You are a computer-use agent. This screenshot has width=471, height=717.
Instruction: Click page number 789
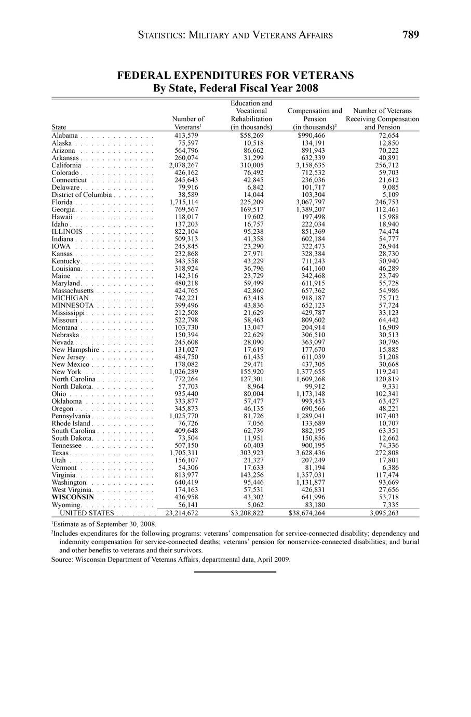tap(410, 35)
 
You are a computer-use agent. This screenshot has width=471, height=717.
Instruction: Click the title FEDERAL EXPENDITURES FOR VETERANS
tap(235, 75)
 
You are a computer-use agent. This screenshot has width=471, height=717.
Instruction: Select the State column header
tap(59, 127)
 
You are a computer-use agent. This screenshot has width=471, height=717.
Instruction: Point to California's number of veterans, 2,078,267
tap(183, 165)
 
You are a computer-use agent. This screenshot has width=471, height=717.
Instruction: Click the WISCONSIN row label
tap(73, 497)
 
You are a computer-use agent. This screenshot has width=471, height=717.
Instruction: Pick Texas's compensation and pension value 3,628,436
tap(310, 453)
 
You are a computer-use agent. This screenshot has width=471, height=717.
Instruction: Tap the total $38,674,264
tap(307, 513)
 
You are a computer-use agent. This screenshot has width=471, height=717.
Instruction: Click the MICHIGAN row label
tap(70, 298)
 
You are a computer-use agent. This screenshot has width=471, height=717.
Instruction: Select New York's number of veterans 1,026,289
tap(183, 372)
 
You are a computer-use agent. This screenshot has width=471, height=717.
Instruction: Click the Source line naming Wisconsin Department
tap(171, 560)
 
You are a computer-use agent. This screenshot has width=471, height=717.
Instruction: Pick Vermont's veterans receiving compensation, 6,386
tap(388, 468)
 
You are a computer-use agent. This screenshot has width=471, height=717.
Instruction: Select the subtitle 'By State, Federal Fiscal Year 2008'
tap(235, 88)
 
